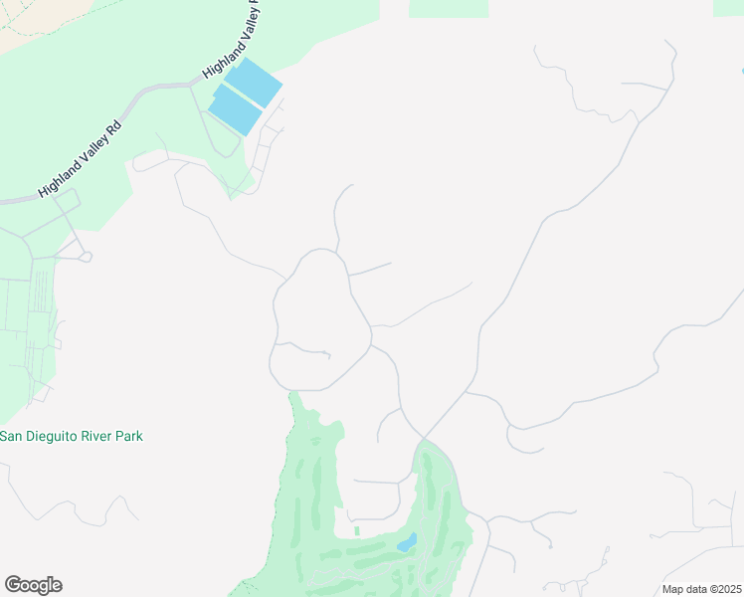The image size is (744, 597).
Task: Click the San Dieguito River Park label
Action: coord(72,436)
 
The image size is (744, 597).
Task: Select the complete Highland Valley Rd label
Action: coord(80,158)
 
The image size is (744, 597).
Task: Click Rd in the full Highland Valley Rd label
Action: coord(113,128)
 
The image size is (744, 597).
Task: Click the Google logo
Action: coord(33,585)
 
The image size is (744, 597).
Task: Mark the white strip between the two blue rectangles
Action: coord(243,96)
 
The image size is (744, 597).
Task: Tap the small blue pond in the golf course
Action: coord(406,543)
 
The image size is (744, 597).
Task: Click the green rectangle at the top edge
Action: coord(448,8)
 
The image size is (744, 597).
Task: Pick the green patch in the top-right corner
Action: coord(728,7)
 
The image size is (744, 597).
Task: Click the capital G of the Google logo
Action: coord(13,585)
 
